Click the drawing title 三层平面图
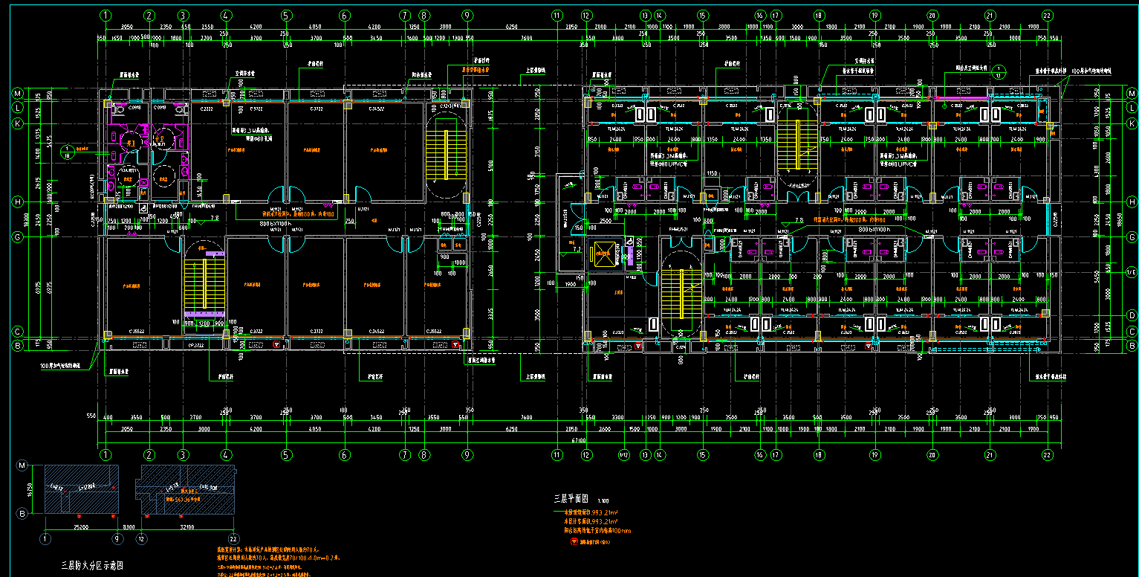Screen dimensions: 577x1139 (572, 498)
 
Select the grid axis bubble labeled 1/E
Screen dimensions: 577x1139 (1132, 273)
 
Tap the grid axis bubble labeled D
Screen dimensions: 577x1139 (1132, 315)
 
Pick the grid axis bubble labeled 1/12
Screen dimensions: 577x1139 (625, 454)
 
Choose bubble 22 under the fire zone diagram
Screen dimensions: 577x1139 (235, 539)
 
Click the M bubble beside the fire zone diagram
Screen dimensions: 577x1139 (22, 465)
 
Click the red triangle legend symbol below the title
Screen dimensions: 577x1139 (574, 541)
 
